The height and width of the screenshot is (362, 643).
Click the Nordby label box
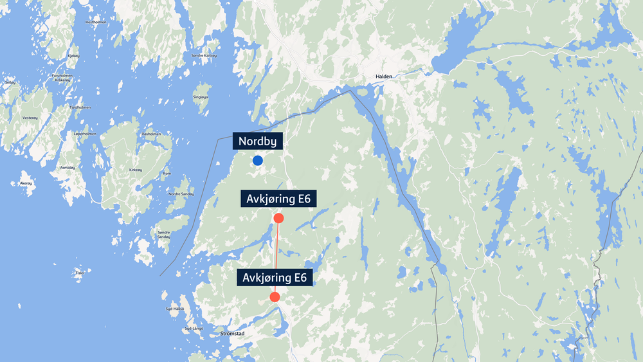click(x=257, y=141)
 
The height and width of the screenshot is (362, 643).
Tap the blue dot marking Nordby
click(x=258, y=160)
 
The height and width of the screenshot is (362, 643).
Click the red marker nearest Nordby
click(x=278, y=218)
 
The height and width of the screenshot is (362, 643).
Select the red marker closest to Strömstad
click(x=275, y=296)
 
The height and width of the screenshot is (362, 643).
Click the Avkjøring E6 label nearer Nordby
click(x=278, y=199)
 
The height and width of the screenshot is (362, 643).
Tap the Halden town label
click(x=383, y=77)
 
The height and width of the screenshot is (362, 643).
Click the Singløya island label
click(x=201, y=97)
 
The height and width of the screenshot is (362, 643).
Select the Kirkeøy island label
click(x=135, y=170)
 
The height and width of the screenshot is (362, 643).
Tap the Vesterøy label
click(x=30, y=118)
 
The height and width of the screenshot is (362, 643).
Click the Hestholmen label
click(x=95, y=22)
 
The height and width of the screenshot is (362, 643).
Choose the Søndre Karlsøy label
click(x=204, y=56)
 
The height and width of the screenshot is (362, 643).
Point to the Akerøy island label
click(x=26, y=183)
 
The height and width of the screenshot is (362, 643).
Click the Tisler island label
click(x=80, y=273)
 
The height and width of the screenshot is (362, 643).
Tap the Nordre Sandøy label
click(x=181, y=194)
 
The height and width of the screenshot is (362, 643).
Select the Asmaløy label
click(x=68, y=167)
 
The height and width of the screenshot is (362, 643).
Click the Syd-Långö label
click(x=194, y=329)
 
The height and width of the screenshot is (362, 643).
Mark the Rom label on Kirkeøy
click(x=167, y=174)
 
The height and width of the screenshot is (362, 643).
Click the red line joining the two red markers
click(x=276, y=257)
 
